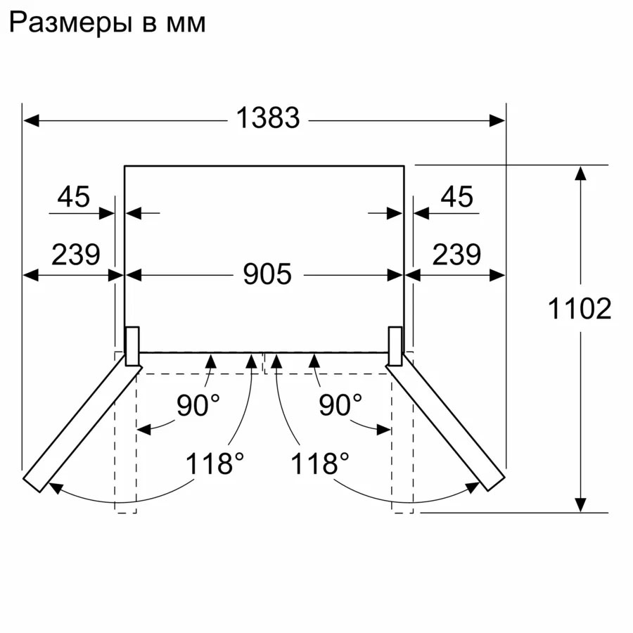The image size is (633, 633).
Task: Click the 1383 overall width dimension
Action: click(267, 119)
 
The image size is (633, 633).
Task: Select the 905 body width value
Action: click(267, 274)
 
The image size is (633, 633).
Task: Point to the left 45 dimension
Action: click(74, 198)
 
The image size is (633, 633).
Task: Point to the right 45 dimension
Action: click(456, 198)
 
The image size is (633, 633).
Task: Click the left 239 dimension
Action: click(75, 254)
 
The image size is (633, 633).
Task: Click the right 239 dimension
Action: click(456, 254)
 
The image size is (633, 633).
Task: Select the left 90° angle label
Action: click(198, 406)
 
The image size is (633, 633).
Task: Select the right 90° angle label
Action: click(340, 406)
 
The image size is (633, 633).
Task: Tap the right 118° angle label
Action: click(321, 464)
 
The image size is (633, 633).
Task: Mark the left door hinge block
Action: click(132, 346)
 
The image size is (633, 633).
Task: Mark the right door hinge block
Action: click(395, 346)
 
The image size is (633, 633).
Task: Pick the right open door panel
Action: click(447, 422)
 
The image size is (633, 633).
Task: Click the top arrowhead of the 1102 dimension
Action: click(580, 173)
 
